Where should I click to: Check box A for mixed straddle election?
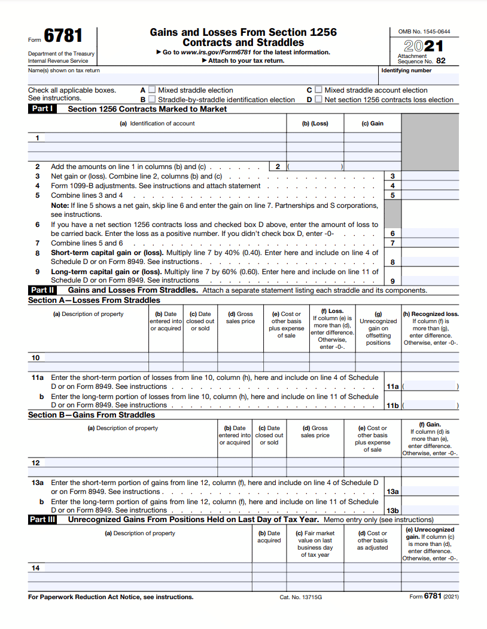(152, 90)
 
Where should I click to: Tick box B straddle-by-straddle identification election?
(152, 100)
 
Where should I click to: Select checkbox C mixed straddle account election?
(319, 90)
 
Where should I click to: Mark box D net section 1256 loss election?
(319, 100)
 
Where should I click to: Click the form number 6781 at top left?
(63, 36)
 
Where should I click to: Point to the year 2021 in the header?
(424, 47)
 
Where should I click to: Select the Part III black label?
(43, 520)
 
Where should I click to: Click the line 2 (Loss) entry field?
(315, 167)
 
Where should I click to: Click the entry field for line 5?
(430, 195)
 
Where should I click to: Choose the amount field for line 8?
(430, 262)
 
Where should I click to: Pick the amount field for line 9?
(430, 281)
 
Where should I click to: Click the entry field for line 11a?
(430, 386)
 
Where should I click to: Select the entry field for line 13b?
(430, 510)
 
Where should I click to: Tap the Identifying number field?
(419, 79)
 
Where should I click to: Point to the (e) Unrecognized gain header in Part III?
(430, 530)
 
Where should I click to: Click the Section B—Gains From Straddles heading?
(92, 415)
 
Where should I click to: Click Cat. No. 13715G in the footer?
(300, 597)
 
